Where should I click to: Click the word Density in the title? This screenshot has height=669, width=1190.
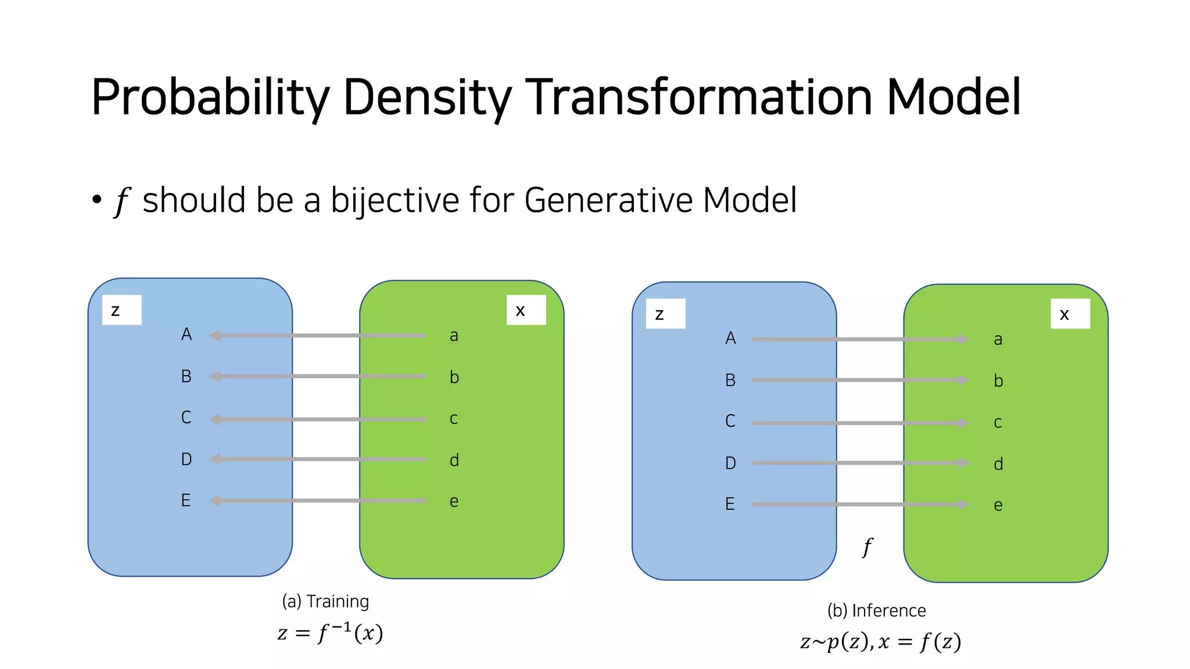(x=427, y=98)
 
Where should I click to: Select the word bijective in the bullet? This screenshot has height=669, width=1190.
(x=395, y=201)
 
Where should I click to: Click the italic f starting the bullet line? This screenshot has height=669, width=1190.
(x=121, y=202)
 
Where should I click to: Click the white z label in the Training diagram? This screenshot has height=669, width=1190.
(x=121, y=310)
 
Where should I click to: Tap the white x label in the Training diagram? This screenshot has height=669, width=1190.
(x=526, y=310)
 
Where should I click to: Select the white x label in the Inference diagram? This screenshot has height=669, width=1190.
(x=1070, y=314)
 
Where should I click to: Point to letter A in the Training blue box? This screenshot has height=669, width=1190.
(x=186, y=334)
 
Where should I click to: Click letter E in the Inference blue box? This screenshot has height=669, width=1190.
(x=730, y=504)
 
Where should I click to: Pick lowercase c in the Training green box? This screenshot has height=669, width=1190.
(x=454, y=419)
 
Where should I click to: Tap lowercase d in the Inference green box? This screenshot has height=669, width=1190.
(x=998, y=464)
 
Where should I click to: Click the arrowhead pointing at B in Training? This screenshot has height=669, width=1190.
(x=215, y=376)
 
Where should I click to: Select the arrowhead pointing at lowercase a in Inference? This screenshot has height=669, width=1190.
(x=963, y=339)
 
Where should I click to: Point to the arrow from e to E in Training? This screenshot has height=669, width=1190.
(x=320, y=500)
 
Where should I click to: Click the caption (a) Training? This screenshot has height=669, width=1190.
(x=325, y=602)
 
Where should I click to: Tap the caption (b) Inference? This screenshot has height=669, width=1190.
(x=876, y=611)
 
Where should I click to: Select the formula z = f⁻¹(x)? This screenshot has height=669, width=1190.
(x=330, y=632)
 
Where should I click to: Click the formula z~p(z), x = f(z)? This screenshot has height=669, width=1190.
(x=880, y=642)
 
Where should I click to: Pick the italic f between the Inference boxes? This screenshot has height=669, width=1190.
(x=867, y=547)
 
